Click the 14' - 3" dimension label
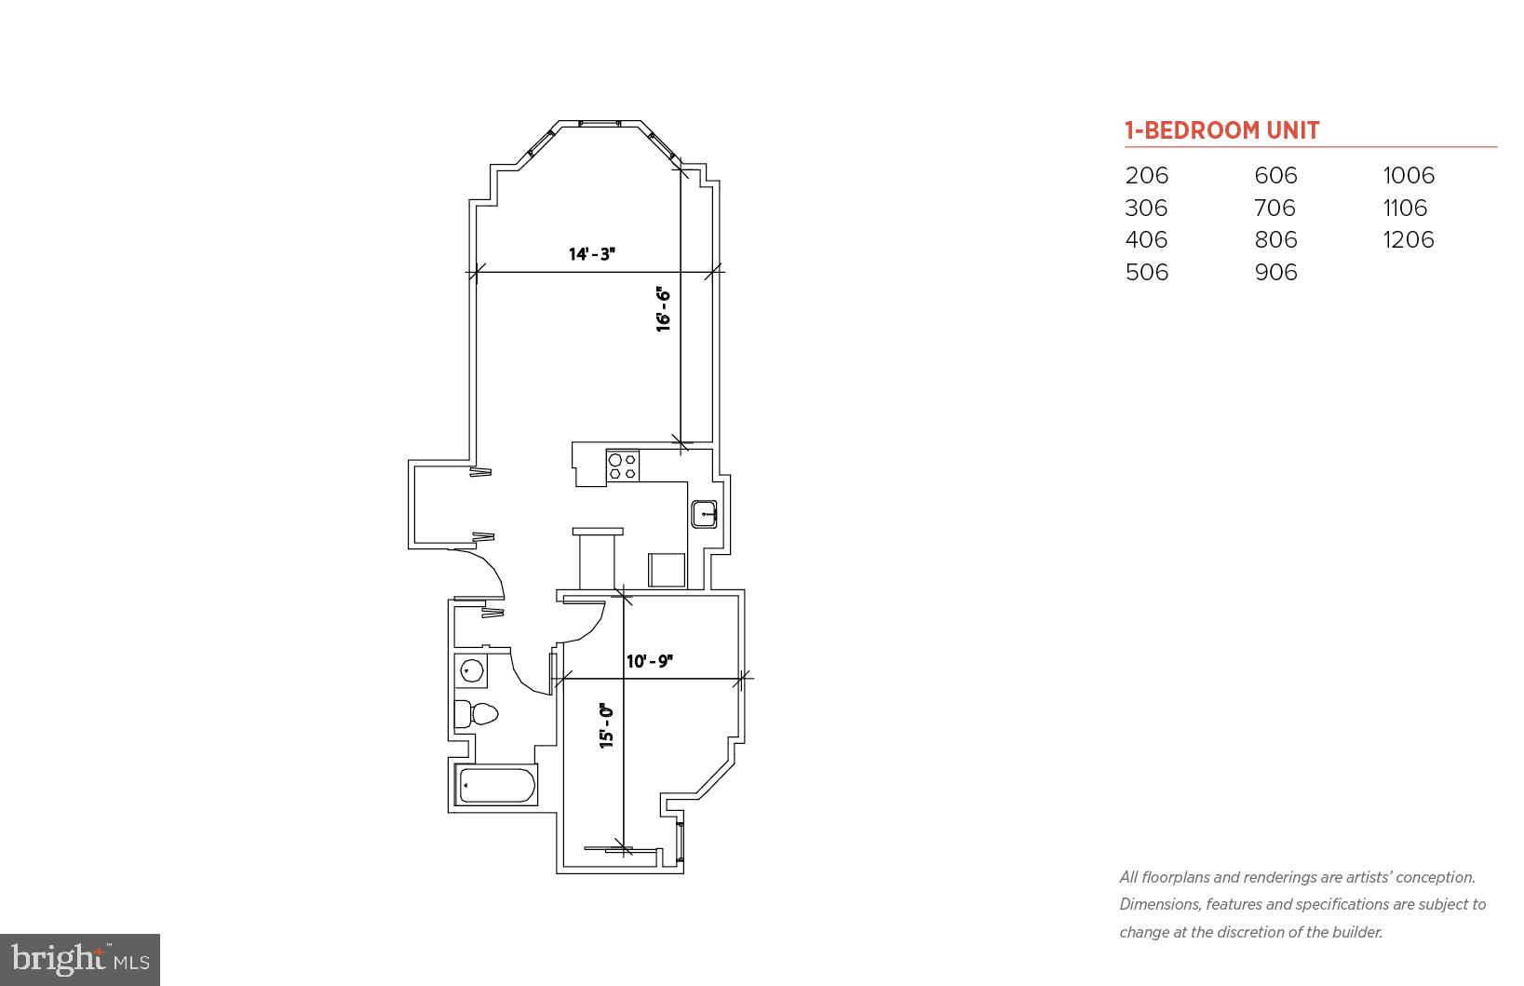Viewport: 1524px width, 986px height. pyautogui.click(x=592, y=253)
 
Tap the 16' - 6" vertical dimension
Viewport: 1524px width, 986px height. pyautogui.click(x=664, y=309)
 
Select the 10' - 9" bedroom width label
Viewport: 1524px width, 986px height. pyautogui.click(x=650, y=661)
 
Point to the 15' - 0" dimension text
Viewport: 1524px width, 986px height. pyautogui.click(x=607, y=725)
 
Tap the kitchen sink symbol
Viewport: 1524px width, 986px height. pyautogui.click(x=704, y=514)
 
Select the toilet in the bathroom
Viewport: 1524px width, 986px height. pyautogui.click(x=477, y=714)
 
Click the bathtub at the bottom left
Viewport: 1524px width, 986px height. pyautogui.click(x=497, y=786)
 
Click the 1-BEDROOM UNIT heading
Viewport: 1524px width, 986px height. pyautogui.click(x=1221, y=130)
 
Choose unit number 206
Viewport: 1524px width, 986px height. pyautogui.click(x=1146, y=175)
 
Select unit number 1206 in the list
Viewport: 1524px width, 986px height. pyautogui.click(x=1408, y=239)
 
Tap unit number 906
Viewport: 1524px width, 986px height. pyautogui.click(x=1275, y=272)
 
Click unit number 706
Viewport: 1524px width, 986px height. pyautogui.click(x=1274, y=208)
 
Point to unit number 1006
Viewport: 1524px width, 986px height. pyautogui.click(x=1408, y=175)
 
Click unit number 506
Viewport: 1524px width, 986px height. pyautogui.click(x=1146, y=272)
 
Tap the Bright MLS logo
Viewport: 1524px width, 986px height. pyautogui.click(x=80, y=959)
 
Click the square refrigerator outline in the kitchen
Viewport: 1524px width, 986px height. pyautogui.click(x=667, y=570)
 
